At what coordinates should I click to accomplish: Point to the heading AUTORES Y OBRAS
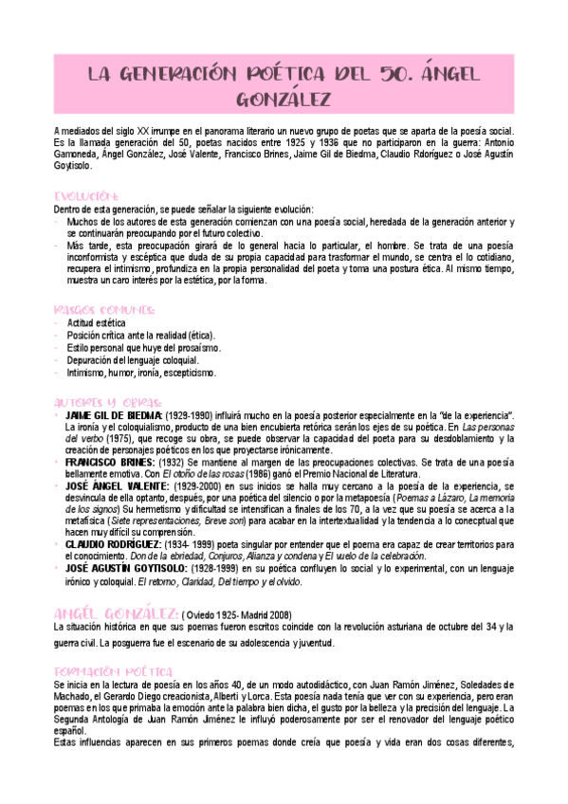click(108, 401)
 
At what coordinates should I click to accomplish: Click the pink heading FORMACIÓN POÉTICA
click(112, 670)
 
